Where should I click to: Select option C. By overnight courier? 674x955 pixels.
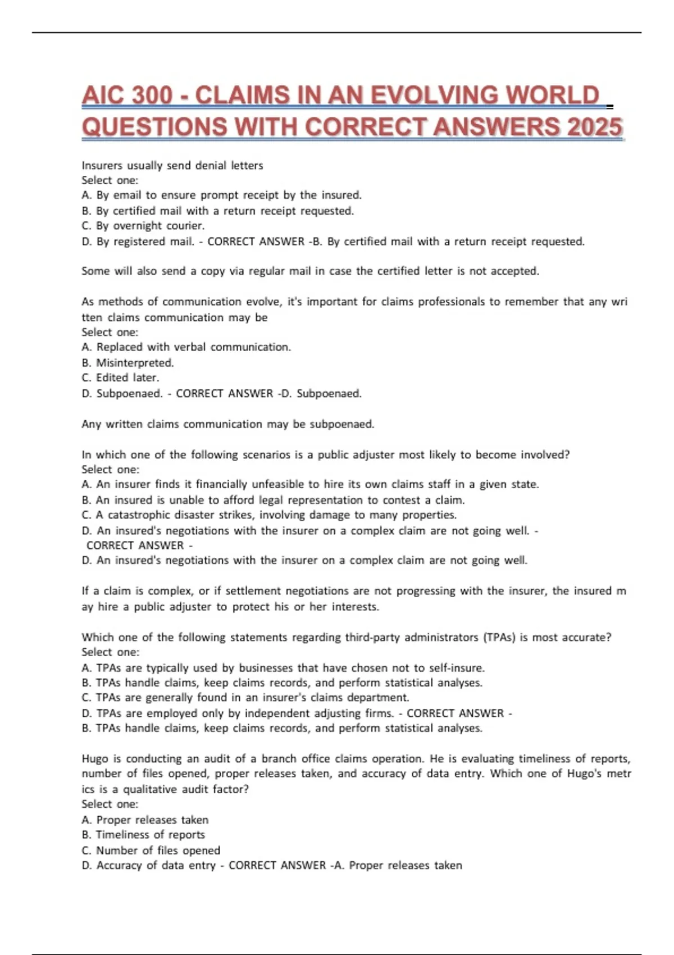coord(143,226)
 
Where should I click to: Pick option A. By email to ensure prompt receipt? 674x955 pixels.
coord(221,195)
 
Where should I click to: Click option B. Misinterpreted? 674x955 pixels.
coord(128,363)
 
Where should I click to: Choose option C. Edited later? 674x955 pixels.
coord(120,378)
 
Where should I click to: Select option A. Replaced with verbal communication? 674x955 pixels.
coord(186,347)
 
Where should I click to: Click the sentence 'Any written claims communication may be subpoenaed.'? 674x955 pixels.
coord(227,424)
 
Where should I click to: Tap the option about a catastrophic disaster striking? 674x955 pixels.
coord(269,515)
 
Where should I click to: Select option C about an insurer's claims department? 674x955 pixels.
coord(245,698)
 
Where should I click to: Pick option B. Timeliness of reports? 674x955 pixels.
coord(143,835)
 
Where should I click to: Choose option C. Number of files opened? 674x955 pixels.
coord(151,851)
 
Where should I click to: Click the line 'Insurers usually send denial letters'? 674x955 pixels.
coord(172,166)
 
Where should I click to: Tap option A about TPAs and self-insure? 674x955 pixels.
coord(283,668)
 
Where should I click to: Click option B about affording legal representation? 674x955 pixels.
coord(273,500)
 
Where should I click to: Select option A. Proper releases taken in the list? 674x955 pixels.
coord(145,820)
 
